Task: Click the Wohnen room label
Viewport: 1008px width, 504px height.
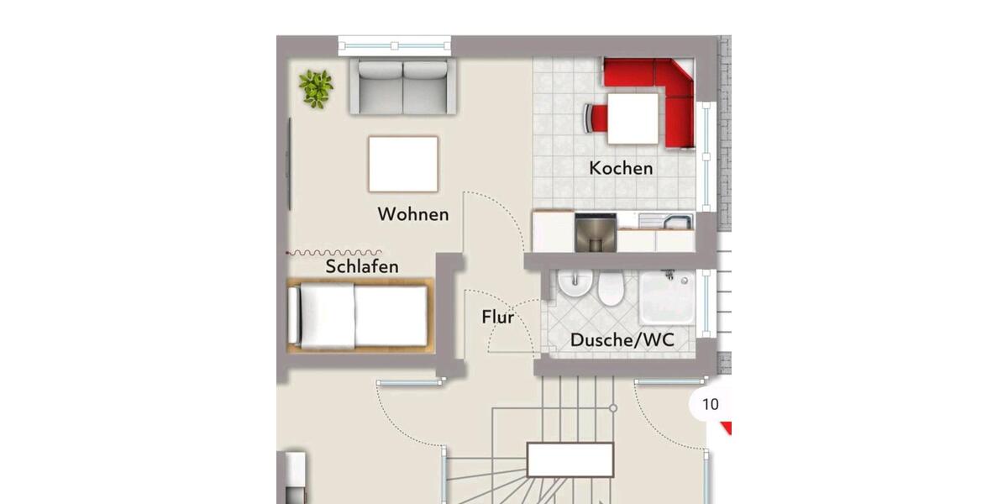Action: tap(412, 214)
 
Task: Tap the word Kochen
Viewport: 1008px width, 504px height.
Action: tap(621, 168)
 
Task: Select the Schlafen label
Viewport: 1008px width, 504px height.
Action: tap(362, 267)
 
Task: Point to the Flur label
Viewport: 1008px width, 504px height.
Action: tap(497, 318)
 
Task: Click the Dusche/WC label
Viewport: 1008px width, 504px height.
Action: tap(622, 340)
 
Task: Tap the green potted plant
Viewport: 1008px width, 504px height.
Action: tap(316, 88)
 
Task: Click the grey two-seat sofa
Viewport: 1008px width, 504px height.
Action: tap(403, 87)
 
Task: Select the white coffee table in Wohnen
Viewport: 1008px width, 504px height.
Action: tap(403, 164)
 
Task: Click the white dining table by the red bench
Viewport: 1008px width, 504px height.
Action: tap(633, 118)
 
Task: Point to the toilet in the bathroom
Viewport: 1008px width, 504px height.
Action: tap(610, 289)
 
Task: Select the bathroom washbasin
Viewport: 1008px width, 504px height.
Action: tap(576, 287)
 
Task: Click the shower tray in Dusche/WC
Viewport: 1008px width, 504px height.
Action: tap(667, 297)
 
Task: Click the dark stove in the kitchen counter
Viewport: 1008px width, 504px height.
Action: tap(596, 232)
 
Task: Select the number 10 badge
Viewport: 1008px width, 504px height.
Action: tap(710, 405)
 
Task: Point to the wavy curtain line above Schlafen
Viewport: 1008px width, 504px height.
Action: tap(333, 252)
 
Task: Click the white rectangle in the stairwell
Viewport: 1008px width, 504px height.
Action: tap(570, 459)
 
